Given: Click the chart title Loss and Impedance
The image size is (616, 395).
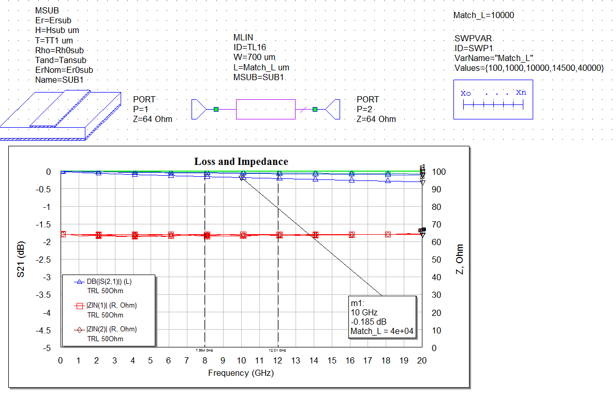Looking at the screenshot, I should click(241, 162).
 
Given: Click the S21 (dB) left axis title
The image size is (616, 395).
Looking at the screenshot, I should click(21, 260).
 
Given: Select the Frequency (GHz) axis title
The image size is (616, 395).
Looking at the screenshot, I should click(241, 373).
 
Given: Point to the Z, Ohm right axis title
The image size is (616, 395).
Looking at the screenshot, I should click(459, 260).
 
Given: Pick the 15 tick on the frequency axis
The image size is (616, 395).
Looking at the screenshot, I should click(331, 360).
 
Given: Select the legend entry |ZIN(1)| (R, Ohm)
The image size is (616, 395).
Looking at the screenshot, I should click(111, 306).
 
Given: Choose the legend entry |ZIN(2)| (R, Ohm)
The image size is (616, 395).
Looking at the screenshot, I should click(111, 329).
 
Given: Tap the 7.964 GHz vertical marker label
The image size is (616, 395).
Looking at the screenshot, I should click(204, 351).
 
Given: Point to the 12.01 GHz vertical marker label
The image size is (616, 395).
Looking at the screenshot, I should click(277, 351).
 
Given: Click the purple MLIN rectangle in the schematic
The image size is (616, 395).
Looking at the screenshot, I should click(266, 110).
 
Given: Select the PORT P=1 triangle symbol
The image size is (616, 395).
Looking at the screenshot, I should click(199, 109).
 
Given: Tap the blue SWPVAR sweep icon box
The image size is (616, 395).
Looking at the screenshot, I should click(493, 100).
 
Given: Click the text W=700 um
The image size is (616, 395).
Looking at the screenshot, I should click(255, 57).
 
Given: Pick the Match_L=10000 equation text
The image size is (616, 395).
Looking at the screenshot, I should click(483, 16).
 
